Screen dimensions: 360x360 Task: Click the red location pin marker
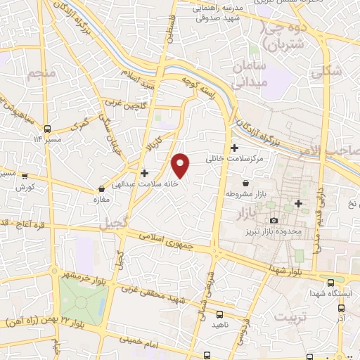click(181, 164)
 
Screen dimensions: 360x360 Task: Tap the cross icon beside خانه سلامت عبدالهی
click(144, 173)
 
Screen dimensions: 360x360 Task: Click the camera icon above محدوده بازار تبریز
click(274, 221)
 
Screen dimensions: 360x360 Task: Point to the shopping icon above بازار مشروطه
click(245, 183)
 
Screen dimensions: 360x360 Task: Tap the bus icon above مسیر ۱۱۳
click(47, 129)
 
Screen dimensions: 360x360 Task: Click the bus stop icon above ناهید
click(220, 314)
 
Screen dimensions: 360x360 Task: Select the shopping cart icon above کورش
click(25, 176)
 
